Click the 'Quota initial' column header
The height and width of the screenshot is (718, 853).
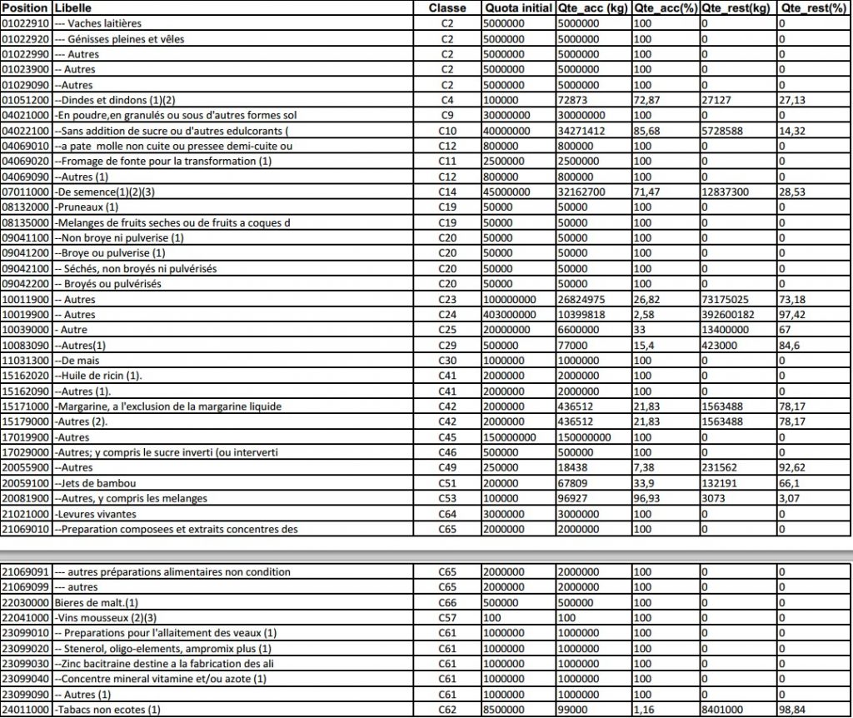pos(517,7)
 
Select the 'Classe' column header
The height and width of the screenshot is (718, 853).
pos(447,7)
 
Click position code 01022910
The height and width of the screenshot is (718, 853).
pos(27,23)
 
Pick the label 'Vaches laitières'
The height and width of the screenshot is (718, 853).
pos(103,23)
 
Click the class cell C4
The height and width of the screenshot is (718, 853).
pos(447,100)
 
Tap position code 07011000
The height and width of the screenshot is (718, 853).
pos(27,192)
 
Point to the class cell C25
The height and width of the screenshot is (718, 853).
pos(447,330)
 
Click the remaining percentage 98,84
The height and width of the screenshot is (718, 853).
pos(792,710)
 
